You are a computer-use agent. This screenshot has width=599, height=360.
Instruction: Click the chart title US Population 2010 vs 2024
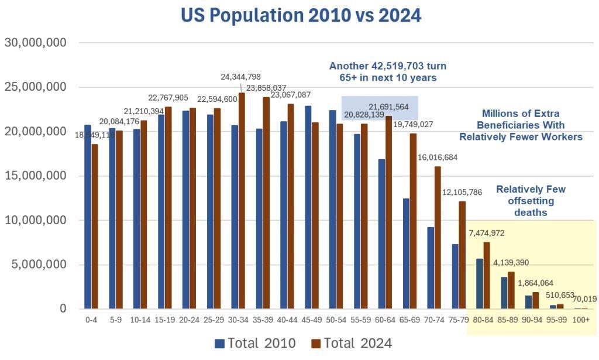(x=301, y=16)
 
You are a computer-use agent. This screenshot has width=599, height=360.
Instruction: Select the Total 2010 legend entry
(x=255, y=343)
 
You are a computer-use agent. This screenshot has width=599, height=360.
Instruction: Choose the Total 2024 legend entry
(x=351, y=343)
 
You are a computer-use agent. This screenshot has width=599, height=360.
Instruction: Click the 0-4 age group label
(x=91, y=320)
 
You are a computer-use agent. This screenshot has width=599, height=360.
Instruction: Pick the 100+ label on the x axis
(x=581, y=320)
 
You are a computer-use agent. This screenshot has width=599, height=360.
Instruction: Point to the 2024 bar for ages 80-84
(x=487, y=275)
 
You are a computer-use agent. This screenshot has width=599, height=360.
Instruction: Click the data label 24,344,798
(x=240, y=77)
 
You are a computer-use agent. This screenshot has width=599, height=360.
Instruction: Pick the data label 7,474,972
(x=487, y=233)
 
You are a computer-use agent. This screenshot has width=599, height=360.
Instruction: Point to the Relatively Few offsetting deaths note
(x=531, y=201)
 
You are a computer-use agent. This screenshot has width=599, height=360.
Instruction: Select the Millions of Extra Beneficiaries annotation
(x=521, y=125)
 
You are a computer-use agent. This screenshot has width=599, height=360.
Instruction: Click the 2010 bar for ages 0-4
(x=88, y=217)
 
